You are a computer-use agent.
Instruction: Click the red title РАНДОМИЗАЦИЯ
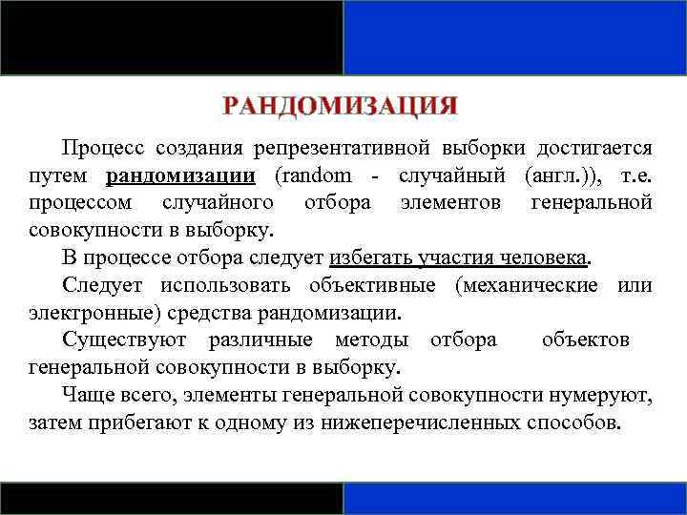tap(341, 105)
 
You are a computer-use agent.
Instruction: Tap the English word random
tap(316, 175)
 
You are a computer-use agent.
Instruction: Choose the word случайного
tap(218, 203)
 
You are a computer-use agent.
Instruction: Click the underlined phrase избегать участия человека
tap(460, 258)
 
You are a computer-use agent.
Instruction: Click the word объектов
tap(586, 340)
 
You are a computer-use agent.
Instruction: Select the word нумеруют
tap(609, 395)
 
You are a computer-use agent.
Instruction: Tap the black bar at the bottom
tap(172, 498)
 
